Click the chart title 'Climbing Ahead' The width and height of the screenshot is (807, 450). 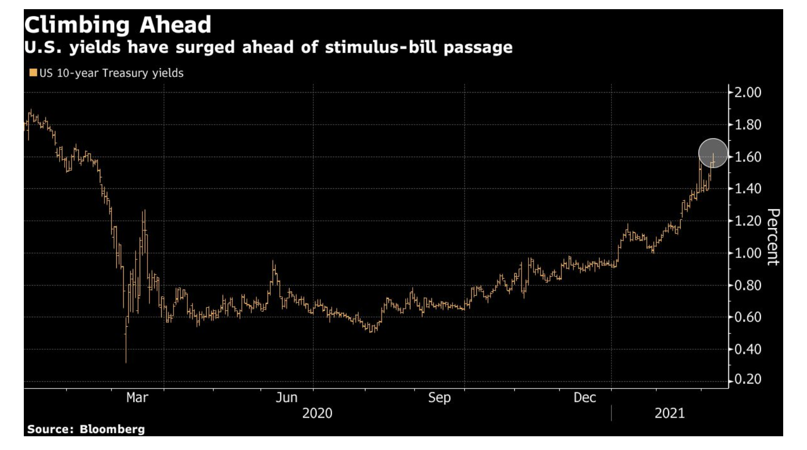coord(118,25)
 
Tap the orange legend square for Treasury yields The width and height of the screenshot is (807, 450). coord(33,73)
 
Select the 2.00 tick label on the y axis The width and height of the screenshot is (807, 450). coord(748,93)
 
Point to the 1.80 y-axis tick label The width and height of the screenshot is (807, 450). coord(748,125)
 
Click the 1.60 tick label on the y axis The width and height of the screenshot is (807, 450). coord(748,157)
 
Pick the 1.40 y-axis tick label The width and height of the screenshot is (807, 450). coord(748,189)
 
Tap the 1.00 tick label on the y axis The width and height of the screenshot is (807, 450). coord(748,253)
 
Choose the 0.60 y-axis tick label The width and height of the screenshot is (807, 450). coord(748,317)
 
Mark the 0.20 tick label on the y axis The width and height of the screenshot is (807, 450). coord(748,379)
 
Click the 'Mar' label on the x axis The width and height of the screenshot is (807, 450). coord(137,397)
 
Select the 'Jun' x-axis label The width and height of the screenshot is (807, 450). coord(286,397)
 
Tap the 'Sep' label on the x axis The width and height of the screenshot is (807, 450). coord(439,397)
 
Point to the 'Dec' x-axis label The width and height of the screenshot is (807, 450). coord(584,397)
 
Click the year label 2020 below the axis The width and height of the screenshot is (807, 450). coord(317,413)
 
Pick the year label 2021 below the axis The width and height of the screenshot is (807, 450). coord(669,413)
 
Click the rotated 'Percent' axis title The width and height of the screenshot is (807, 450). coord(773,237)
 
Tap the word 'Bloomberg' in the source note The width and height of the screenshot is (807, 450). coord(112,429)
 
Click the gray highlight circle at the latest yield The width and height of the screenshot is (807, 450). coord(713,153)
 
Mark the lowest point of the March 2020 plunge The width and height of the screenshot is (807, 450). coord(126,362)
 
